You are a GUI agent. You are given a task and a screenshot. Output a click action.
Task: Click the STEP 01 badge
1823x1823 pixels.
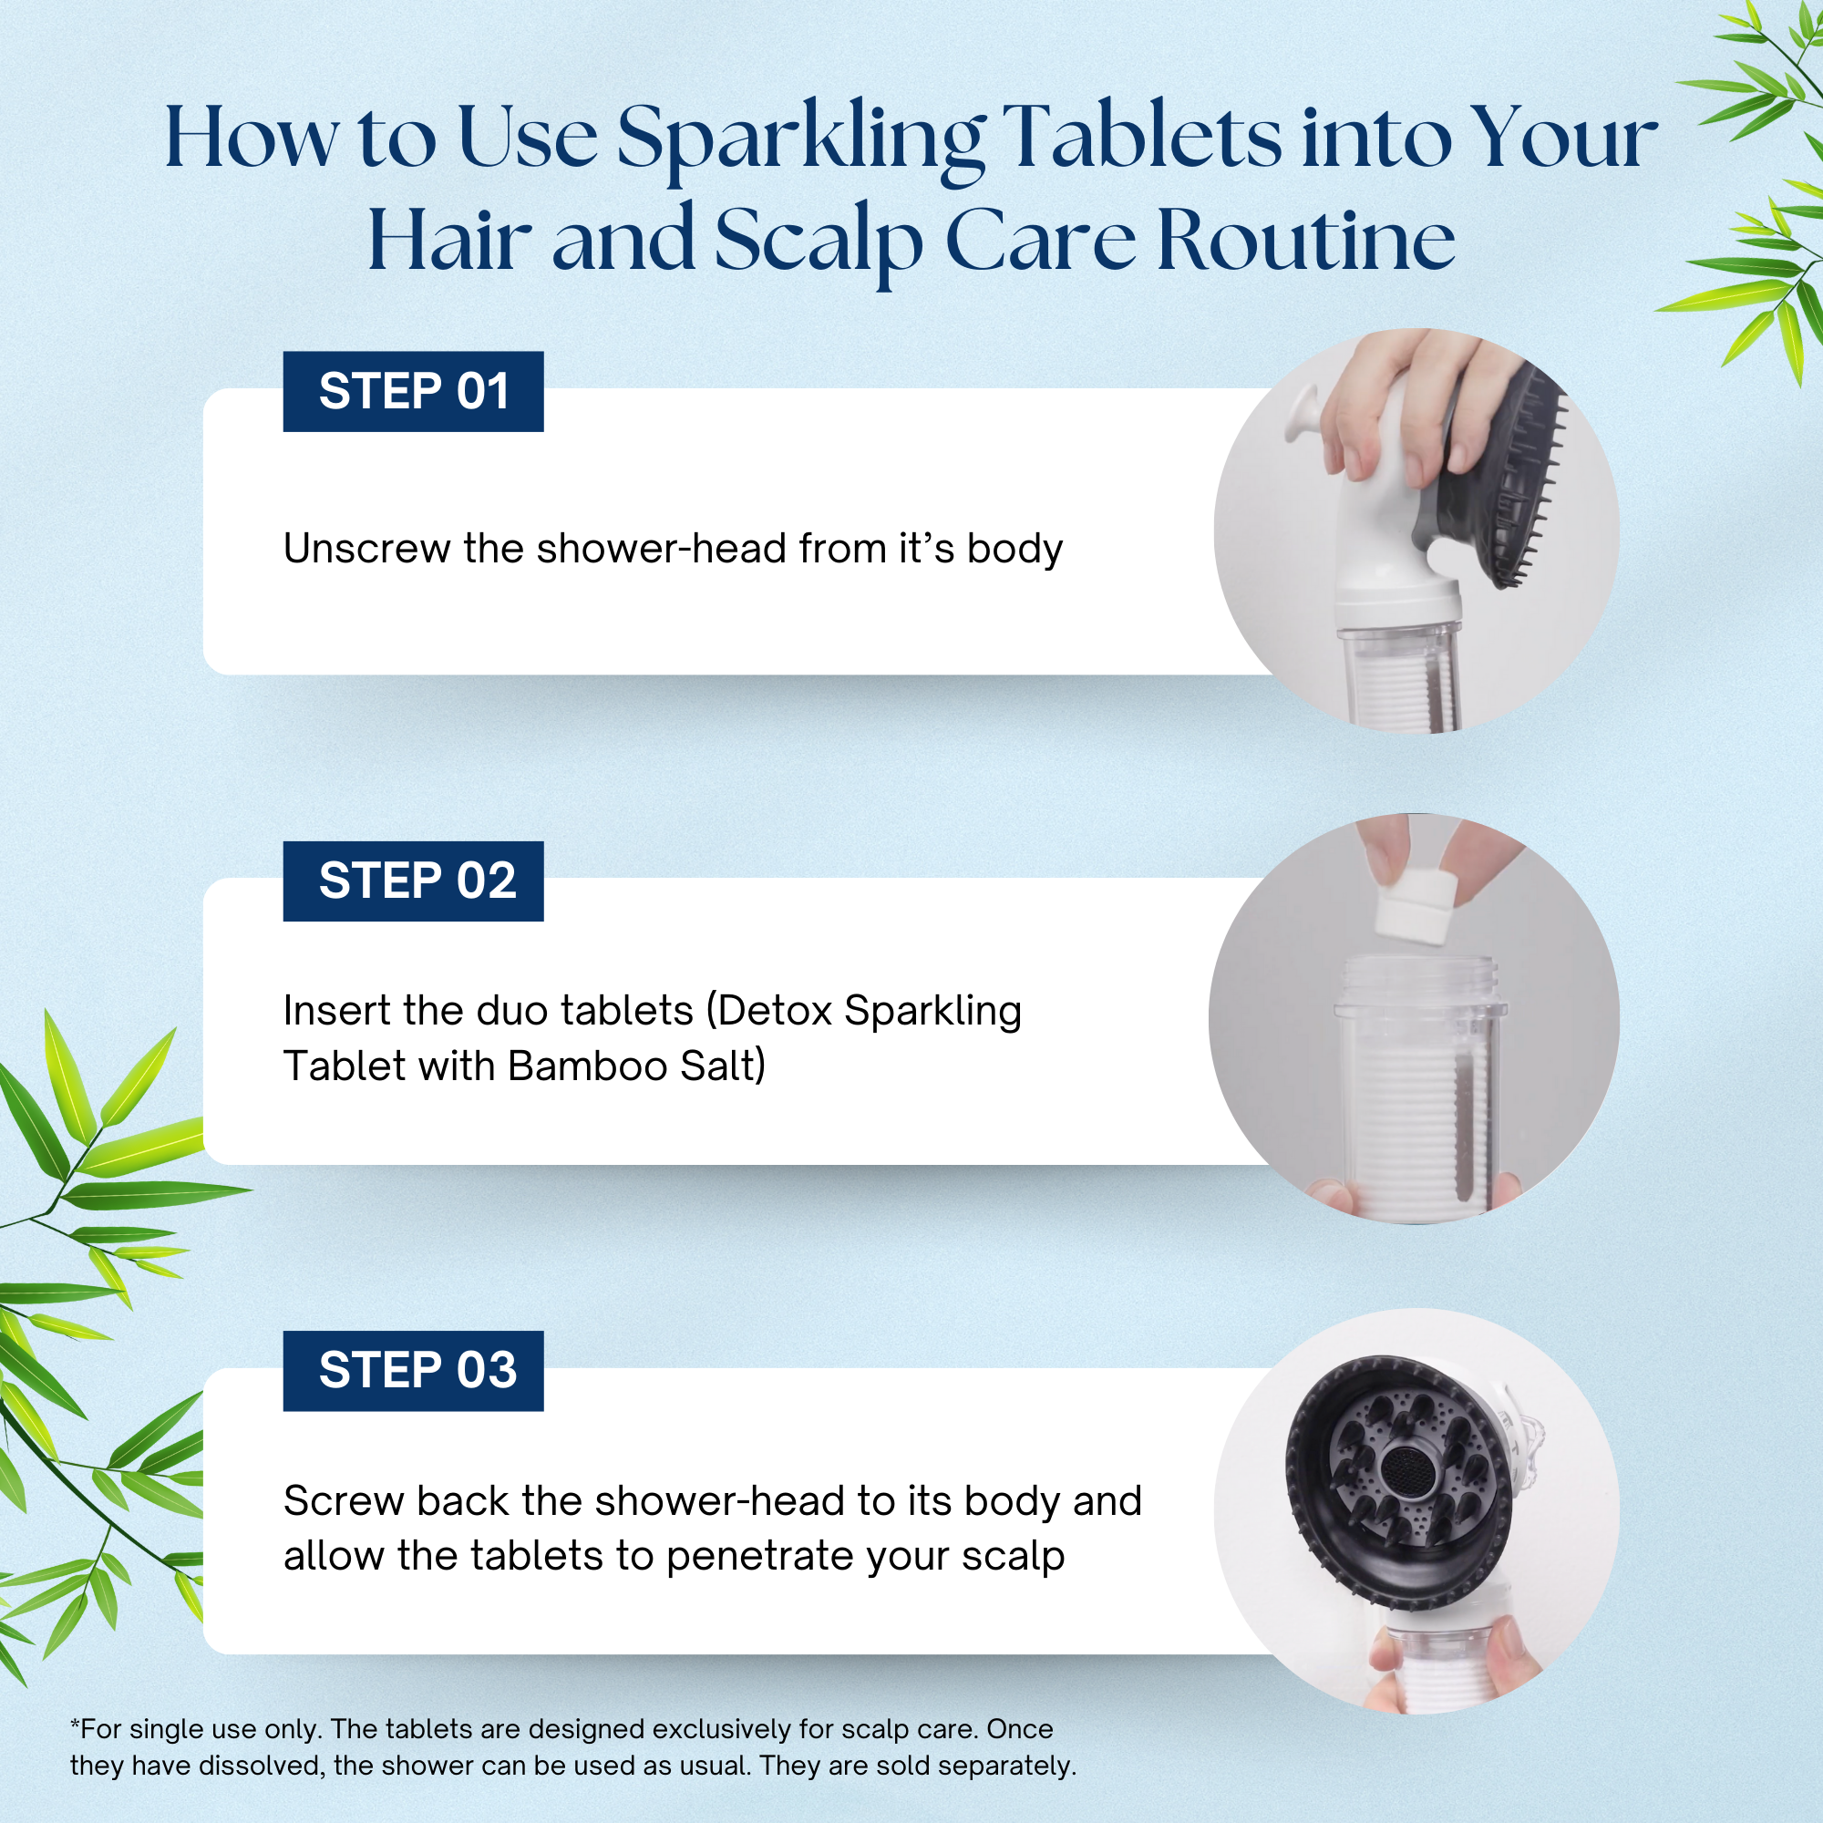(x=413, y=392)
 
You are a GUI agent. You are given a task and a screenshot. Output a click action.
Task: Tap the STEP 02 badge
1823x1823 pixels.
(x=413, y=881)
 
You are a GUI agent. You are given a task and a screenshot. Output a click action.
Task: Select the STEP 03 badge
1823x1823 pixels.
(x=413, y=1371)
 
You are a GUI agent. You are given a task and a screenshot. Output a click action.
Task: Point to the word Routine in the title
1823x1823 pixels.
(x=1305, y=241)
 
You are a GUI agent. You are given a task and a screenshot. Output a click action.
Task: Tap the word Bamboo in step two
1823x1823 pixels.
(x=588, y=1066)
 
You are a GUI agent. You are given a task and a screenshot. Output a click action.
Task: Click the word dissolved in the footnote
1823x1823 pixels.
(x=259, y=1766)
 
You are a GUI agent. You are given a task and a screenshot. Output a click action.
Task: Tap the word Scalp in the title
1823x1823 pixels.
(x=817, y=241)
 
